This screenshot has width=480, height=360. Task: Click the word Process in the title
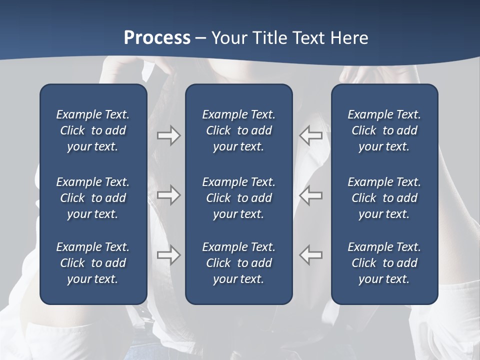pos(157,38)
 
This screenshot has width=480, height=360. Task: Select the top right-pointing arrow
pos(168,135)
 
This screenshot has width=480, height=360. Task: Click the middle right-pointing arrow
pos(168,195)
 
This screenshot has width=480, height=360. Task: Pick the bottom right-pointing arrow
pos(168,255)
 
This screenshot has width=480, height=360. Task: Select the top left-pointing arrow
pos(311,135)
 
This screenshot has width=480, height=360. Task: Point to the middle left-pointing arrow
pos(311,195)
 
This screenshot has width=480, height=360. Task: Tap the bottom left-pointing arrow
pos(311,255)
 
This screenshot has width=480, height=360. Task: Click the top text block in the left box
pos(93,130)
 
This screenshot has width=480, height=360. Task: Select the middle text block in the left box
pos(93,198)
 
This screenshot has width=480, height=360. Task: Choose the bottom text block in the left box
pos(93,263)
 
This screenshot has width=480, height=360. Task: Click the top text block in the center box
pos(238,130)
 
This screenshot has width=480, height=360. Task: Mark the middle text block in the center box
pos(238,198)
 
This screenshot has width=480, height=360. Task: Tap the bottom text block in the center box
pos(238,263)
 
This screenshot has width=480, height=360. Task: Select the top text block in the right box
pos(384,130)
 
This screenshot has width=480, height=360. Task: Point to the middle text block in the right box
pos(384,198)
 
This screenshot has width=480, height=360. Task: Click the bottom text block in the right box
pos(384,263)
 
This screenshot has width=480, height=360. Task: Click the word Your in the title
pos(228,38)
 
